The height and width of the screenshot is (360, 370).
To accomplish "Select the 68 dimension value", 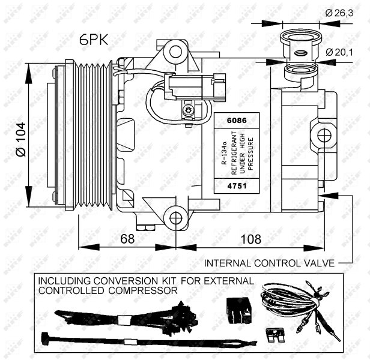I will [x=127, y=239].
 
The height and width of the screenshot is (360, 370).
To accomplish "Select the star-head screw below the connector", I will [x=189, y=110].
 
